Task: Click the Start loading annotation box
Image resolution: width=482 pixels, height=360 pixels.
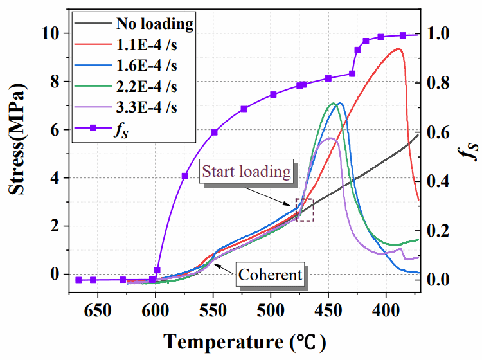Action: click(247, 172)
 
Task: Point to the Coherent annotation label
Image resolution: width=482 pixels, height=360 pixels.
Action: click(270, 275)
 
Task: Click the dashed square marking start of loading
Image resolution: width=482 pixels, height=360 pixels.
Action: click(305, 210)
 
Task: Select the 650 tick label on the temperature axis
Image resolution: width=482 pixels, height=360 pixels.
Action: click(98, 309)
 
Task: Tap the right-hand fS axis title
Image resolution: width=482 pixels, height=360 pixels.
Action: click(472, 149)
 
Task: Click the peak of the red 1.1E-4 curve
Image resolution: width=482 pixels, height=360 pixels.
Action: click(399, 49)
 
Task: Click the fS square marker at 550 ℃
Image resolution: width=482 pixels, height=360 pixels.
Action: click(214, 132)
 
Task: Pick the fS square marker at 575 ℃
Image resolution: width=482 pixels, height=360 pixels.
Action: click(185, 175)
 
